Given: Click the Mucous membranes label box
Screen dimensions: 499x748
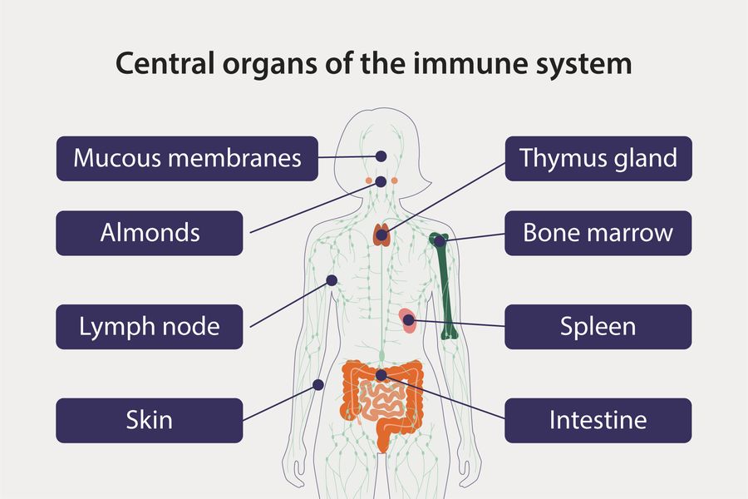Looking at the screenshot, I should tap(187, 158).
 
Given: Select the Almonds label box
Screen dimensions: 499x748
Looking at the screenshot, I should tap(150, 233).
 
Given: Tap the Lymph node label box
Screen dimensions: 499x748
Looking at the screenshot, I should tap(150, 327).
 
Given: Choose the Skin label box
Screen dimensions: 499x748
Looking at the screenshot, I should tap(150, 420).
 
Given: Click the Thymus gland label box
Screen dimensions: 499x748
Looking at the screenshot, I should tap(598, 158).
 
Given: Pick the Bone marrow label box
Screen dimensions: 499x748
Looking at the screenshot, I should tap(598, 233).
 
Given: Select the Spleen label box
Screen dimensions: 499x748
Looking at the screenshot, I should tap(598, 327).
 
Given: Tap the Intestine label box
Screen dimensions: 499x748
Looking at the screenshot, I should tap(598, 420).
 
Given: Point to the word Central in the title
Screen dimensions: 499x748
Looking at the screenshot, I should tap(165, 64).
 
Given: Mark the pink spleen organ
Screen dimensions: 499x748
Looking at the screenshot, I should tap(407, 321).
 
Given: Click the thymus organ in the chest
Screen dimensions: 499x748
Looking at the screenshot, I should tap(381, 234).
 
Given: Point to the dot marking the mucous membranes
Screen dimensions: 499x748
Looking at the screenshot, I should tap(381, 156).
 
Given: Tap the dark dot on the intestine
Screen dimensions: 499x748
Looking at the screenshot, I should tap(381, 376).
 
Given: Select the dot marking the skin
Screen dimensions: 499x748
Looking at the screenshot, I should tap(317, 384).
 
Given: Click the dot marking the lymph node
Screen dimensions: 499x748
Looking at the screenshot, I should tap(332, 280).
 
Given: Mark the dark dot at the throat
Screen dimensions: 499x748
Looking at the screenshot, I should tap(381, 181).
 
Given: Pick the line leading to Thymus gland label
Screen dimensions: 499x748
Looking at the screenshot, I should tap(449, 196).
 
